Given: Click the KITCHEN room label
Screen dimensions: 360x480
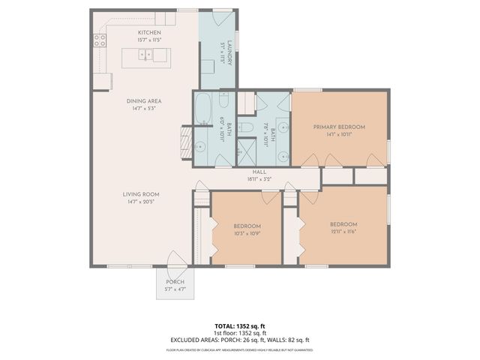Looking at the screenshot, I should (148, 33).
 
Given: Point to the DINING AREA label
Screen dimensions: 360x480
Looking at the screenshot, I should (145, 101).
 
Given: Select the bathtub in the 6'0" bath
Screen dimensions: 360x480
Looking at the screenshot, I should (205, 109).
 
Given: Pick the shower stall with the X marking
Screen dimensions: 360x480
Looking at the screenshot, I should (244, 154).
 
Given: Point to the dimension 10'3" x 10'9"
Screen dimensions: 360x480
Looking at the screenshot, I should (246, 233).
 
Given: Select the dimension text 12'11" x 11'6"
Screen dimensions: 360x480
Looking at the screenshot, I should (343, 231).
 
